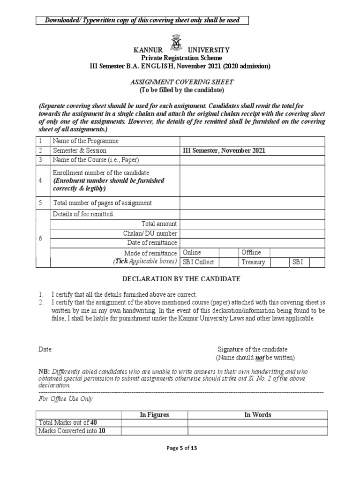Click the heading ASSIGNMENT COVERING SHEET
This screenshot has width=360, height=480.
181,81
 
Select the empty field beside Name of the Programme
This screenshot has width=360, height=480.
252,141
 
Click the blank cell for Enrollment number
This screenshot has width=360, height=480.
252,180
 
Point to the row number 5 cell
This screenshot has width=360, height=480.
41,203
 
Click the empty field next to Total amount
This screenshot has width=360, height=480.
252,224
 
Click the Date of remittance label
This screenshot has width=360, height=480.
152,243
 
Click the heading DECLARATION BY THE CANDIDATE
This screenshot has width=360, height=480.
181,279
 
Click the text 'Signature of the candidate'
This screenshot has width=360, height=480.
253,349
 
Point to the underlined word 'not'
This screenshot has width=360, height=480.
257,358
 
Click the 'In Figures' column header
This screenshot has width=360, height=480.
154,415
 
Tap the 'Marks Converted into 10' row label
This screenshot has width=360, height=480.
72,431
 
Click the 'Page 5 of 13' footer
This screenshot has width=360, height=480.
182,448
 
